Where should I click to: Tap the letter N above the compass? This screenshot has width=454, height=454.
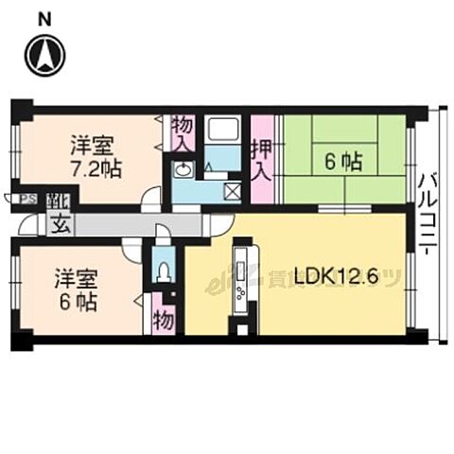click(45, 17)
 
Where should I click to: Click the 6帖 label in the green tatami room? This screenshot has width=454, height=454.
click(343, 162)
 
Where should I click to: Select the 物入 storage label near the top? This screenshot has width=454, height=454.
click(183, 132)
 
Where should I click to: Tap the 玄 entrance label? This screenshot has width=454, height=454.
click(60, 225)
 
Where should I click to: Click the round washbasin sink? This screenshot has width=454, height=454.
click(183, 170)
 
